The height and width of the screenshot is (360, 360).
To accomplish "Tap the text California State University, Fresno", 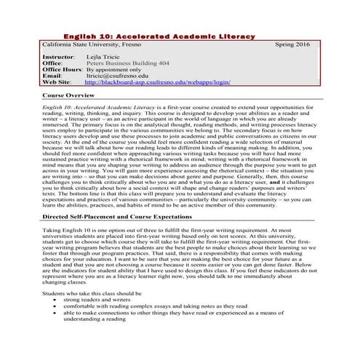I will pos(89,45).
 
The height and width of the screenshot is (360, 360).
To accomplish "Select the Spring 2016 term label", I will pos(293,45).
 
